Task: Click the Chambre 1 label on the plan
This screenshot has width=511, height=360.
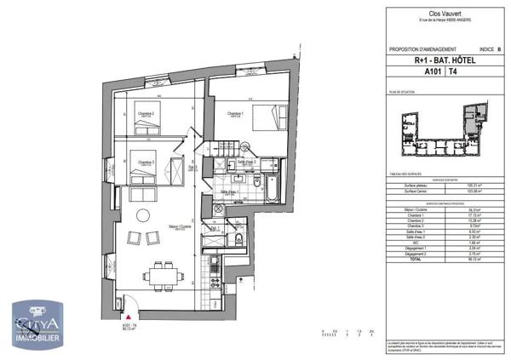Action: pos(235,113)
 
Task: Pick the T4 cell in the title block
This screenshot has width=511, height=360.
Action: pos(440,74)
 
